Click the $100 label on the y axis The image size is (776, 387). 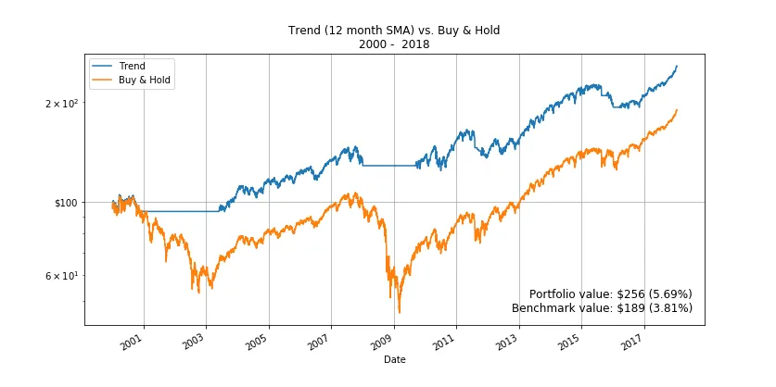[x=67, y=203]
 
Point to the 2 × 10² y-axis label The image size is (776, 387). [x=62, y=103]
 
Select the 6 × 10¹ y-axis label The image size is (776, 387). [x=62, y=276]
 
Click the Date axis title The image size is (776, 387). [x=394, y=359]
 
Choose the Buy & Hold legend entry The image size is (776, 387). [x=146, y=81]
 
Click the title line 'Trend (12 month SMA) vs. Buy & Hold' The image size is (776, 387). [x=394, y=31]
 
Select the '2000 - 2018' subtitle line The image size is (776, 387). [x=394, y=44]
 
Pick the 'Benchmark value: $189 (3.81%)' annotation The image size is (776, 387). [x=602, y=308]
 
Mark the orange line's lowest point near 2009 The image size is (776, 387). [x=399, y=313]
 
